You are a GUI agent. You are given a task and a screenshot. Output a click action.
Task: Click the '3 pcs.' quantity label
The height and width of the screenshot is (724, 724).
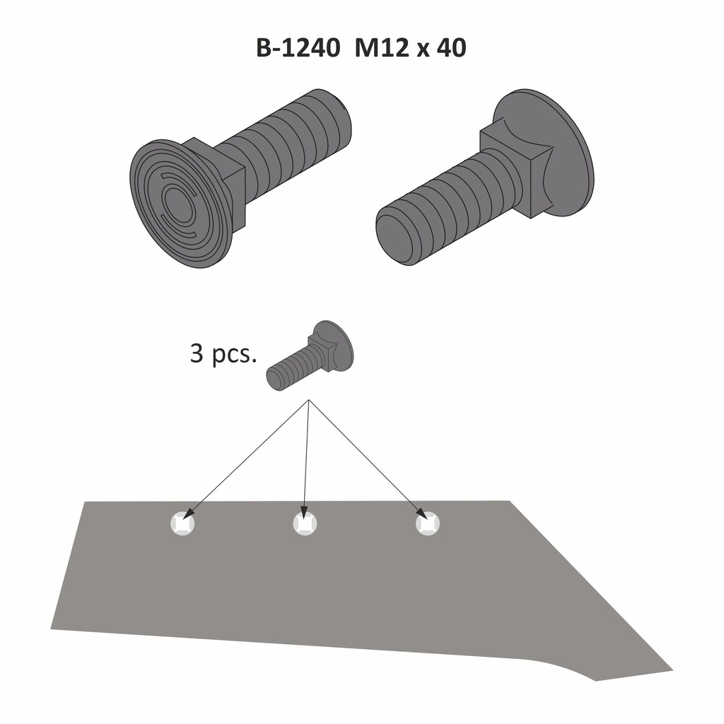point(223,353)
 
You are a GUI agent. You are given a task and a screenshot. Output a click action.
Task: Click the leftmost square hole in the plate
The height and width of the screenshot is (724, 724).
point(182,523)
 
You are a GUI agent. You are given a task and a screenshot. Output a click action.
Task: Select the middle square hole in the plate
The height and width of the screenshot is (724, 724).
point(305,523)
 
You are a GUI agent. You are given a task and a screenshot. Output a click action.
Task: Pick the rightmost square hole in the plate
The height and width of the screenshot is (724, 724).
point(427,523)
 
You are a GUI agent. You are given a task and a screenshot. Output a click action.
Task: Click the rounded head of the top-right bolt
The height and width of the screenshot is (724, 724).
point(559,152)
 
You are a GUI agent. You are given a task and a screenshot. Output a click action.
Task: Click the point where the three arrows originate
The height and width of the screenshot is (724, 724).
point(309,401)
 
